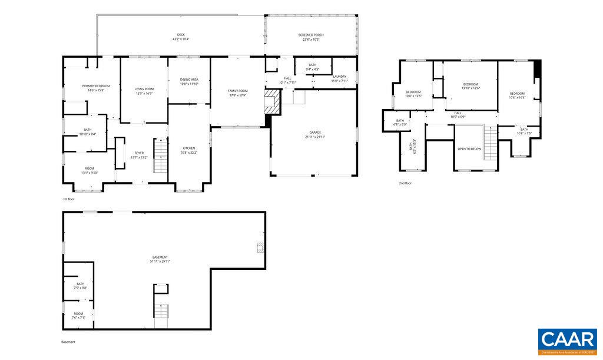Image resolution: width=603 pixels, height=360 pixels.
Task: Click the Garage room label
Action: [315, 134]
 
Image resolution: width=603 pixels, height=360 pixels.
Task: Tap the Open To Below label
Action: [469, 148]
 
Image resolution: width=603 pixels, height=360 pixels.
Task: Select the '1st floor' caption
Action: [69, 199]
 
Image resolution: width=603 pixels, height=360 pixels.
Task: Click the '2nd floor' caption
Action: [405, 183]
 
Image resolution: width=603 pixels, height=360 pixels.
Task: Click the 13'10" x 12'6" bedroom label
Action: [471, 86]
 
